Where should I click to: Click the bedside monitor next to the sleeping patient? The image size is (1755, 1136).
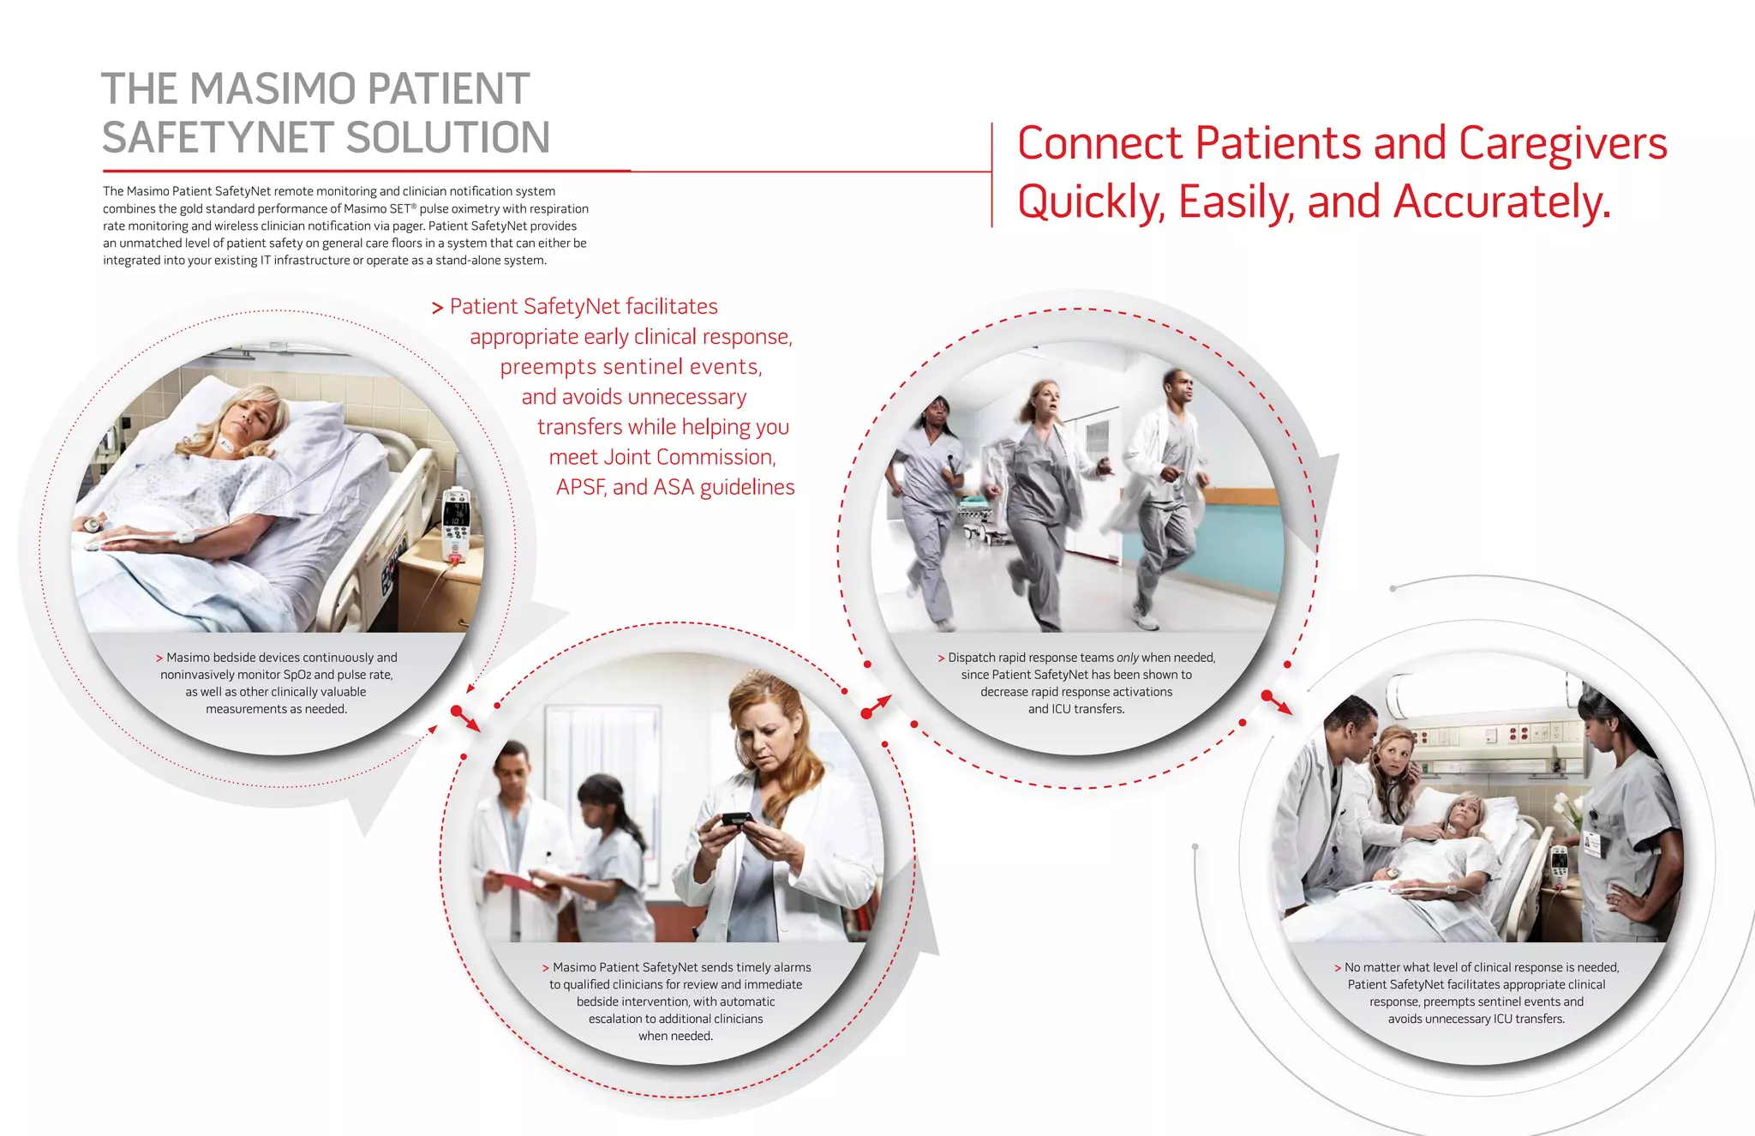pyautogui.click(x=456, y=524)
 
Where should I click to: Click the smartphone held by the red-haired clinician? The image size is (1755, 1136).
pyautogui.click(x=737, y=819)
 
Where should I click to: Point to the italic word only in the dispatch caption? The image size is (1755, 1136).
pyautogui.click(x=1127, y=658)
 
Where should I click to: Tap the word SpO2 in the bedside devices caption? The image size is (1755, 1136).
pyautogui.click(x=296, y=675)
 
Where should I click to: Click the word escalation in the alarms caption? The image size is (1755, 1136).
pyautogui.click(x=616, y=1019)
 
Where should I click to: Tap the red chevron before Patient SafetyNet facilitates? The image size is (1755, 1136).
pyautogui.click(x=437, y=308)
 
